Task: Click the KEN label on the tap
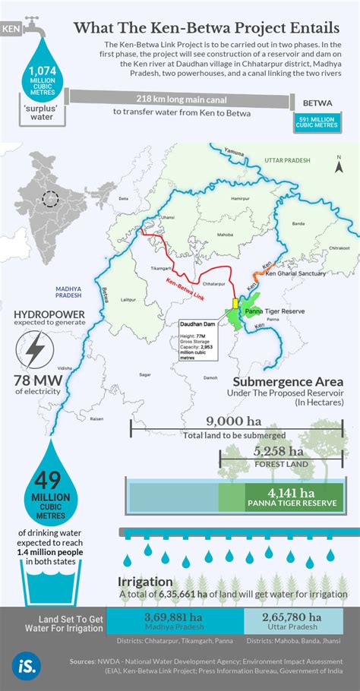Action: [11, 30]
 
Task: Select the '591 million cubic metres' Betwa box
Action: [317, 121]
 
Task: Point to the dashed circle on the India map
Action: [51, 200]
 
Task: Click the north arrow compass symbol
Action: [338, 160]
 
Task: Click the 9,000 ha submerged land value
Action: [234, 421]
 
